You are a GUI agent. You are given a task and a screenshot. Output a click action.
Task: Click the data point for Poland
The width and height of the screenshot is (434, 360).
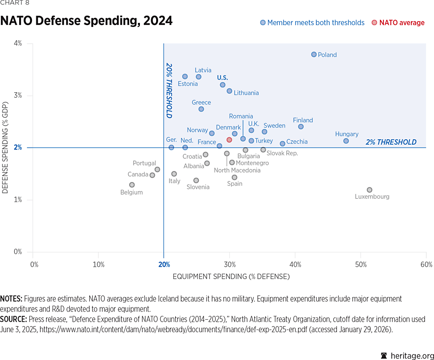314,54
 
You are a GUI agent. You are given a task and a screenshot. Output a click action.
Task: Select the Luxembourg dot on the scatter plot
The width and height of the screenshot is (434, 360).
369,190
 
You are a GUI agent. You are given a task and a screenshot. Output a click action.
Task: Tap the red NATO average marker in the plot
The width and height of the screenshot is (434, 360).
229,140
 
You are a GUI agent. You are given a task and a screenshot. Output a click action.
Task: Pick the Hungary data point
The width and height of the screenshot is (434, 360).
346,141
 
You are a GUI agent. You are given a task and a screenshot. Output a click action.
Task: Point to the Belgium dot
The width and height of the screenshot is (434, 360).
132,185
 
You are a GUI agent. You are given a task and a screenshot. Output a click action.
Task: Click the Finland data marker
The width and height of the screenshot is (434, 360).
300,127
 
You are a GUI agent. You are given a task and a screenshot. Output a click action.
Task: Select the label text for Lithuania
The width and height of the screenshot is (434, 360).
246,93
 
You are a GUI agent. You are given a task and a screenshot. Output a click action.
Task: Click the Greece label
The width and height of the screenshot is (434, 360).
201,103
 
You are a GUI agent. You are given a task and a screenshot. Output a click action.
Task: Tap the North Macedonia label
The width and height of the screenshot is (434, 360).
237,170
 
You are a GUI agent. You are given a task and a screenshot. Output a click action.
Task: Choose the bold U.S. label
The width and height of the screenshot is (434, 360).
222,77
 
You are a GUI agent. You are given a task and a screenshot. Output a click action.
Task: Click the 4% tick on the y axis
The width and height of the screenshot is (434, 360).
18,43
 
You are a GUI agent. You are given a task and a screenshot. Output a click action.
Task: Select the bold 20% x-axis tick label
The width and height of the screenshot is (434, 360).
164,264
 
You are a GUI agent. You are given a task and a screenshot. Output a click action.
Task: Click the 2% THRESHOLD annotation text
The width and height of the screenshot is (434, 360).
391,142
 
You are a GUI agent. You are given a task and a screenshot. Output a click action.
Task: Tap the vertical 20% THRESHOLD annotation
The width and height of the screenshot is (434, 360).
169,90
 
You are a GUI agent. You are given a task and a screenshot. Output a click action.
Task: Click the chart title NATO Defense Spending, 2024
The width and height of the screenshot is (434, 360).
86,21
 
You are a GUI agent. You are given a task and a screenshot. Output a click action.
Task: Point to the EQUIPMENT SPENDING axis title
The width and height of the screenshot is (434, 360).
231,277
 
